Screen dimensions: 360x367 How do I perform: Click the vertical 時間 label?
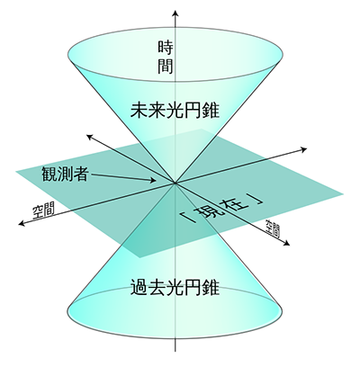coord(166,58)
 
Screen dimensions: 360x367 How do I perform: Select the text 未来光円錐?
coord(175,111)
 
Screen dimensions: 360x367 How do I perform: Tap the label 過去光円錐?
coord(175,287)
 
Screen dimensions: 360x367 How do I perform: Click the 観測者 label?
coord(65,173)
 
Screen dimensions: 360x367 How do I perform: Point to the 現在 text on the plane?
coord(222,209)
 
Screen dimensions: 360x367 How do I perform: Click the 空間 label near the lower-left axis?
coord(43,210)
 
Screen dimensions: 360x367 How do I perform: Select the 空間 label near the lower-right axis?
coord(273,229)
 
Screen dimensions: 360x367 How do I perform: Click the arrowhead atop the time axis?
coord(175,14)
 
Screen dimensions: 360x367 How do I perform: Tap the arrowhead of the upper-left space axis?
coord(89,137)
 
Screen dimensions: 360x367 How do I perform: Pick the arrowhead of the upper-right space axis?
coord(303,149)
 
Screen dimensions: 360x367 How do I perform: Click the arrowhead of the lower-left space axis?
coord(22,223)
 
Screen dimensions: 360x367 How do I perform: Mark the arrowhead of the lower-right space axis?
coord(287,244)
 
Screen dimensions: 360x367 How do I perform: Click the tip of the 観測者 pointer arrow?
coord(156,181)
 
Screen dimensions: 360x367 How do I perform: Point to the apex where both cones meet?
coord(175,183)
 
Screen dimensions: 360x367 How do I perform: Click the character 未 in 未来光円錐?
coord(139,111)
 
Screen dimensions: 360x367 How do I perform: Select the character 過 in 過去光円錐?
coord(139,287)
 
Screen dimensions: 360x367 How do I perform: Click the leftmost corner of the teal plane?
coord(15,172)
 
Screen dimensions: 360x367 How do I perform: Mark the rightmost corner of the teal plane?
coord(344,193)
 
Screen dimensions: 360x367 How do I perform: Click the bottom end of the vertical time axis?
coord(175,352)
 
